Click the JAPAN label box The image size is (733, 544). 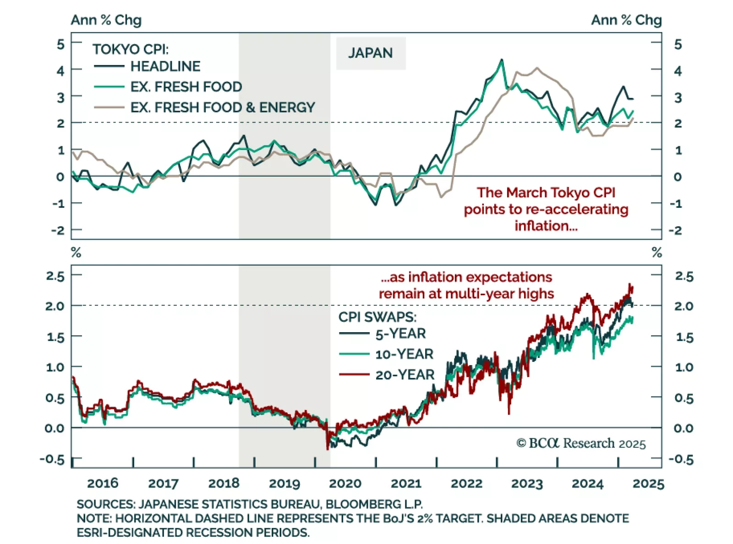click(x=370, y=53)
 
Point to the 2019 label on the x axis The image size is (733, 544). click(x=284, y=484)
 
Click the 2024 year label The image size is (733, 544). click(x=587, y=484)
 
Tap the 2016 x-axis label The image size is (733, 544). click(x=103, y=484)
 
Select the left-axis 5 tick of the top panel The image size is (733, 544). click(x=60, y=44)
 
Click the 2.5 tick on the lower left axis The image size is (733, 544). click(x=55, y=276)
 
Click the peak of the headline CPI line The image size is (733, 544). click(x=502, y=59)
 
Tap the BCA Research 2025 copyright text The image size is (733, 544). click(x=581, y=443)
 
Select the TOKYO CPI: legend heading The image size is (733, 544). click(x=131, y=49)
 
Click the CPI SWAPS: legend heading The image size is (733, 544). click(x=377, y=317)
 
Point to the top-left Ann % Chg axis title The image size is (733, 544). click(x=106, y=20)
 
